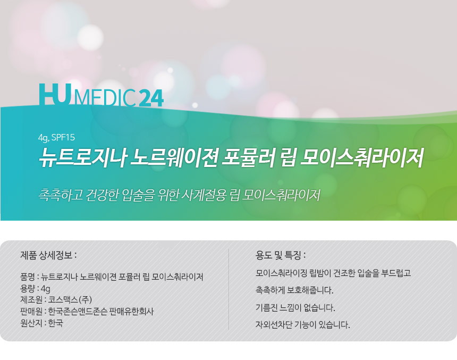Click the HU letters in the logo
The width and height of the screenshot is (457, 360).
pos(55,94)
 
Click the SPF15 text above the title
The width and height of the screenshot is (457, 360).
pos(63,137)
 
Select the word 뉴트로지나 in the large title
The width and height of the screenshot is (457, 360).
pos(82,158)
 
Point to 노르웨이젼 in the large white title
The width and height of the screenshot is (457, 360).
pos(174,158)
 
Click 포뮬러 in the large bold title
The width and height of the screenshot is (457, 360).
pos(249,158)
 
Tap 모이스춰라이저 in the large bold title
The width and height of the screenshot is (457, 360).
pos(362,158)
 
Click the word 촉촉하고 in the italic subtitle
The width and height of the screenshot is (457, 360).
pos(61,195)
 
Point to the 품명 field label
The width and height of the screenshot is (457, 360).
pos(28,277)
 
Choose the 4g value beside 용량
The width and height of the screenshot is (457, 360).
pos(46,289)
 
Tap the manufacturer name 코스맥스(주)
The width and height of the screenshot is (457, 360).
pos(70,299)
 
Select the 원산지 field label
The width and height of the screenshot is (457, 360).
pos(31,323)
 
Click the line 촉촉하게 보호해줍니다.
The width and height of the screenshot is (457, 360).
pos(294,290)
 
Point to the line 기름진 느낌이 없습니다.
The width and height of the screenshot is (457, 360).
pos(295,307)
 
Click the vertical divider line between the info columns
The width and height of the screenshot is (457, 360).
pos(229,289)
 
